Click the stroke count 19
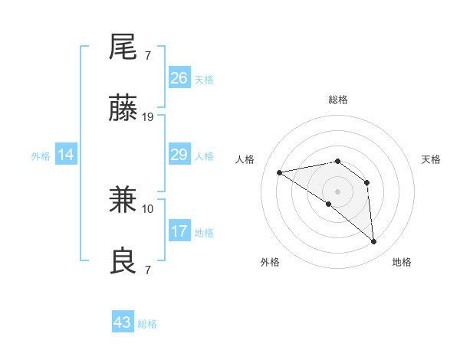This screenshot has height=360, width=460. click(148, 117)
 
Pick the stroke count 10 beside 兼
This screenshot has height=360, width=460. click(148, 208)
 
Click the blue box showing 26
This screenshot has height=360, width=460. click(179, 78)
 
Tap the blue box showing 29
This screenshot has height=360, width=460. click(179, 155)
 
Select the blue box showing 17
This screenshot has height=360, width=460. click(179, 231)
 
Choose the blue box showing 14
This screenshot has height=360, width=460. click(66, 155)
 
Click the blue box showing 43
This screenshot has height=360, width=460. click(123, 322)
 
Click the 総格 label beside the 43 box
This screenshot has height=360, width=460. click(147, 324)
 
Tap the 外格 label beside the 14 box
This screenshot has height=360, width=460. click(41, 156)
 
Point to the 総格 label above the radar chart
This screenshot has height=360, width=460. click(338, 100)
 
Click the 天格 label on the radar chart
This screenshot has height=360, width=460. click(432, 159)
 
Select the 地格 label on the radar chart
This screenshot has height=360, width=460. click(402, 262)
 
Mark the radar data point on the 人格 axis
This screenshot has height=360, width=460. click(280, 172)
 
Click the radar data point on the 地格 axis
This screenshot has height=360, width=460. click(374, 242)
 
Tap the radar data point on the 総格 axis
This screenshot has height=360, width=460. click(338, 161)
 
